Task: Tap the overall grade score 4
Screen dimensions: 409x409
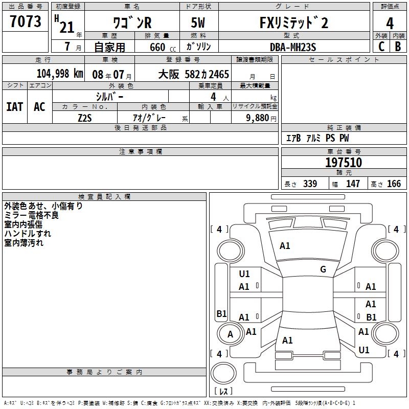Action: [390, 23]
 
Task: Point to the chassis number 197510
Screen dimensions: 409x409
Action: [344, 163]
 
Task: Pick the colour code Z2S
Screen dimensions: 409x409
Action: [84, 118]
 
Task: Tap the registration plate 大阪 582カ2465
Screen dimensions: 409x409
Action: [194, 74]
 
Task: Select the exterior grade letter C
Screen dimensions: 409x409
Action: [381, 47]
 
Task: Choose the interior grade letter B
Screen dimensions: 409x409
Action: [398, 47]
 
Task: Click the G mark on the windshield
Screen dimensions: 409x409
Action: [323, 269]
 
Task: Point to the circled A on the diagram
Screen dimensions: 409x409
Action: [230, 334]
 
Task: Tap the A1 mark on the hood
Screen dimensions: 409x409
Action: [285, 246]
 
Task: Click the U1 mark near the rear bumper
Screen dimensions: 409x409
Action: [364, 350]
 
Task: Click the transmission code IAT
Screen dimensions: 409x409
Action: [14, 106]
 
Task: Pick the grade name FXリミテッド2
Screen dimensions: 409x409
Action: [292, 23]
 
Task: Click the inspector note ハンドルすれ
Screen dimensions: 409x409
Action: [24, 234]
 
